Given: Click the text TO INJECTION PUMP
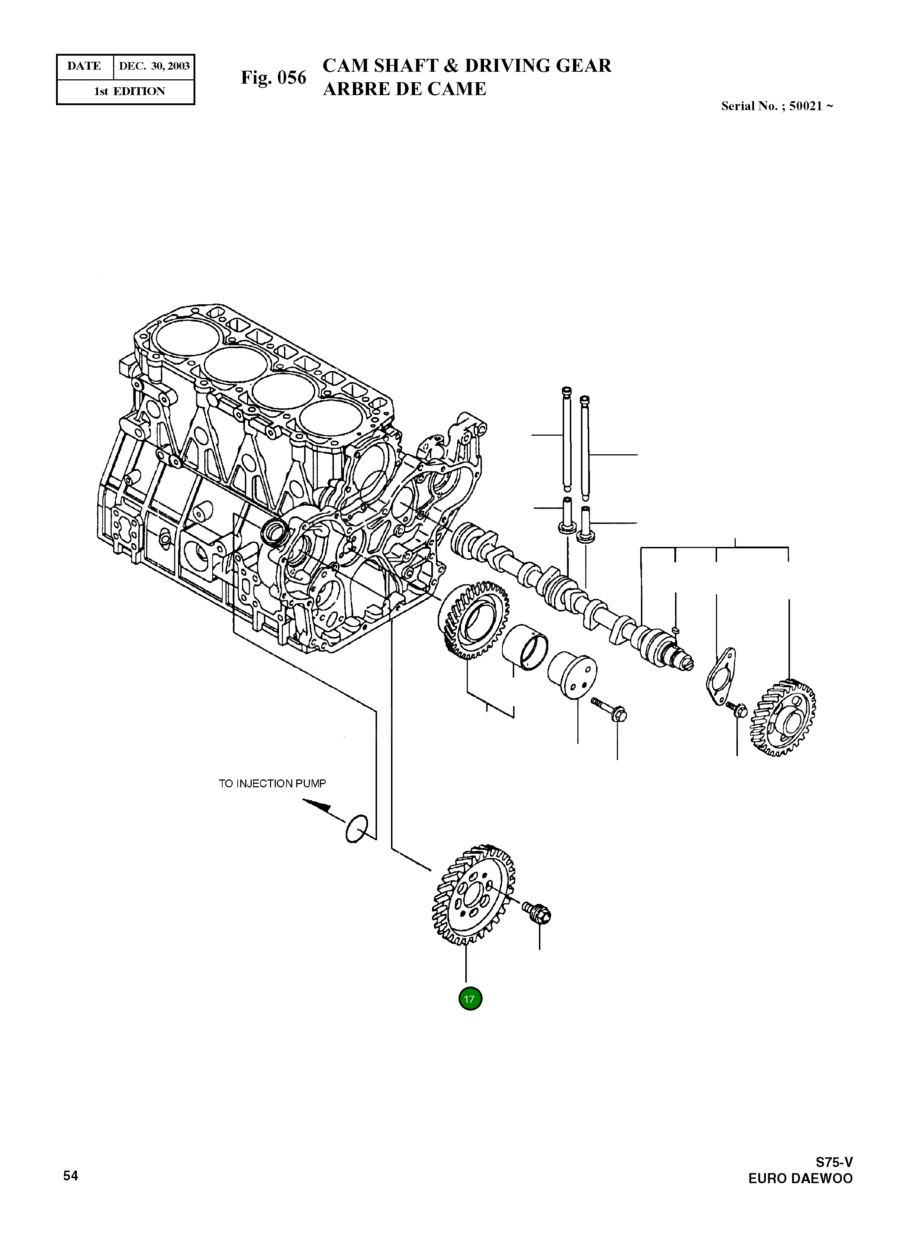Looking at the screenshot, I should point(272,783).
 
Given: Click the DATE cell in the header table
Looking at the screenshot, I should point(84,66).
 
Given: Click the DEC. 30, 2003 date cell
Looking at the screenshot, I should point(154,66).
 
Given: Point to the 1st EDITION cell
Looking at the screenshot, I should point(130,92).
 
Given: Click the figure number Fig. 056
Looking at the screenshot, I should point(273,78).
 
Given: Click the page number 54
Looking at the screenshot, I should point(71,1176).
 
